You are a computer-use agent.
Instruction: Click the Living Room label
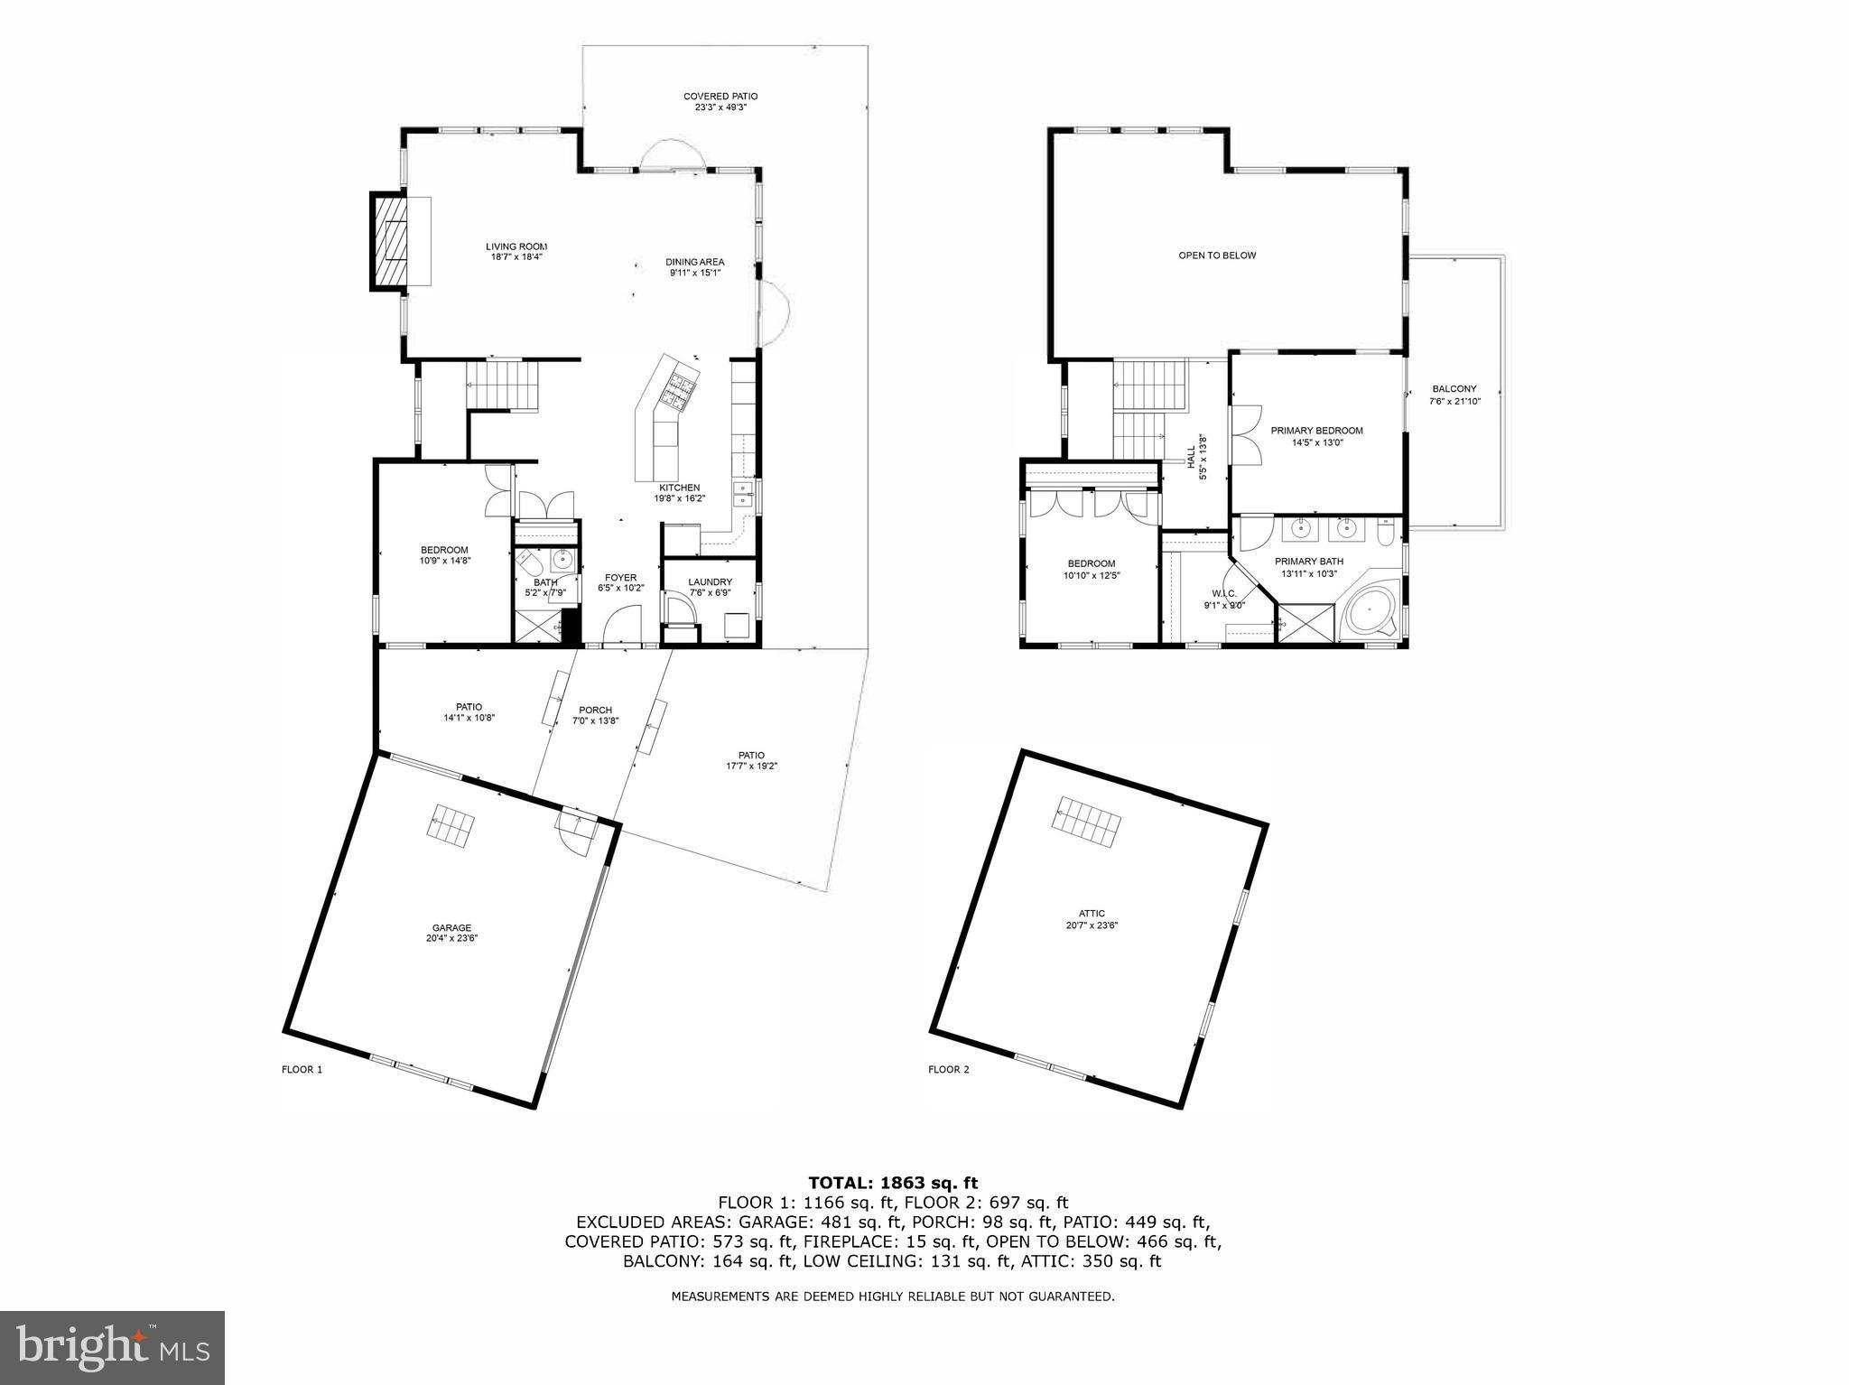pos(516,246)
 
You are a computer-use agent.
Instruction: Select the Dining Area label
pos(694,262)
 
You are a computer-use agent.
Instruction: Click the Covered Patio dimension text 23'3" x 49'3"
pos(720,107)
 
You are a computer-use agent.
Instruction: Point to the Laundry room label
pos(710,582)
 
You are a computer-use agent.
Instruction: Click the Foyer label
pos(620,578)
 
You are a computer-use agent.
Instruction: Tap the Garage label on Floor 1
pos(451,927)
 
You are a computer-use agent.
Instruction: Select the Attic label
pos(1092,914)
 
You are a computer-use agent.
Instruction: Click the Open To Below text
pos(1216,256)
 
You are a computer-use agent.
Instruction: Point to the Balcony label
pos(1454,389)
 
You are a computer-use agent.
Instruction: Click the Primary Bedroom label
pos(1316,431)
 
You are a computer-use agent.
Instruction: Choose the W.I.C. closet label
pos(1223,593)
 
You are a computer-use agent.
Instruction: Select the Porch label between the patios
pos(595,710)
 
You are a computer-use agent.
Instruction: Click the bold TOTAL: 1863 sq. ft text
pos(892,1182)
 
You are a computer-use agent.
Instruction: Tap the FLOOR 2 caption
pos(948,1070)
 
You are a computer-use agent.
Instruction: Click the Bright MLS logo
pos(112,1348)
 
